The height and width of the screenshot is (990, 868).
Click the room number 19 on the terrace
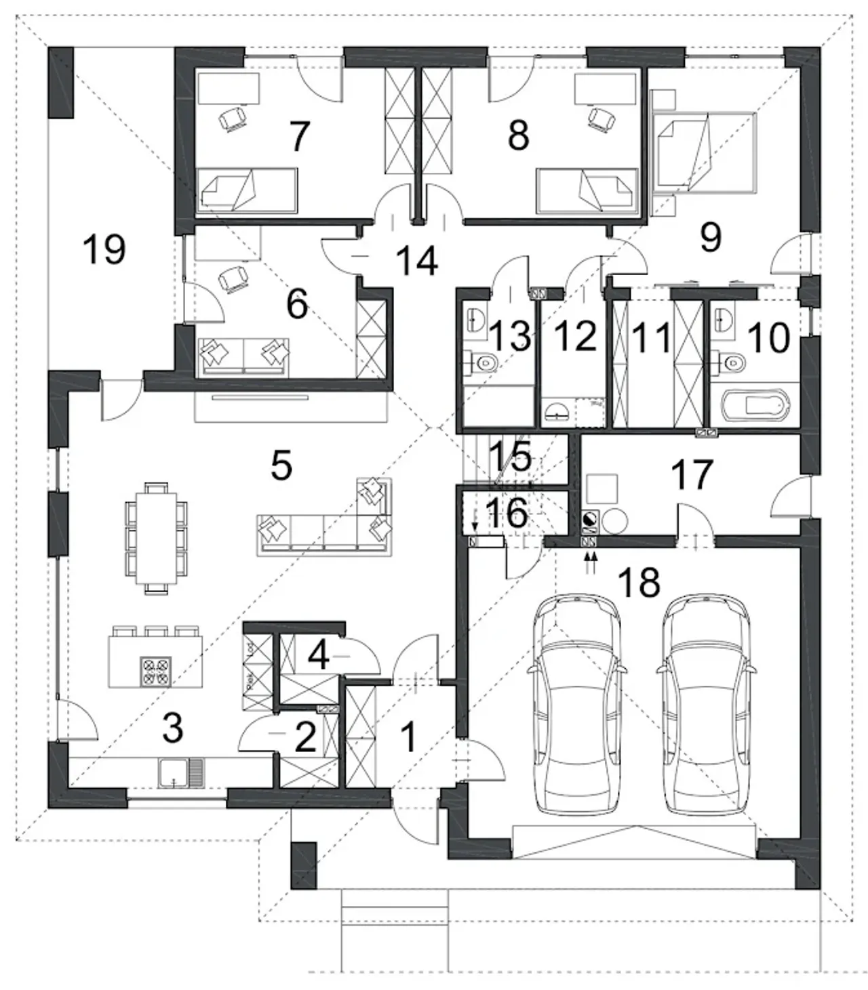coord(104,249)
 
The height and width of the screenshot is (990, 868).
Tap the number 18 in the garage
coord(639,582)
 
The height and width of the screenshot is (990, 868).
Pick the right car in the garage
coord(705,705)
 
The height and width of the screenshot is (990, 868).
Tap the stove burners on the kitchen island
coord(155,671)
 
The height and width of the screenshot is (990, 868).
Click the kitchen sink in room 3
coord(180,772)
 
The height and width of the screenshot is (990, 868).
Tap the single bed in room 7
coord(248,188)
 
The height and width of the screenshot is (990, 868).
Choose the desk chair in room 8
coord(599,118)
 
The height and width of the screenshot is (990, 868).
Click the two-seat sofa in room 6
coord(242,354)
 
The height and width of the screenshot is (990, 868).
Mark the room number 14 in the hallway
coord(416,261)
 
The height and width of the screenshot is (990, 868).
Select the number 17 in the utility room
coord(692,474)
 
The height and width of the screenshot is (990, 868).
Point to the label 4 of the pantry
coord(319,655)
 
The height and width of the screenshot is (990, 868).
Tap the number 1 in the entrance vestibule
coord(407,737)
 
